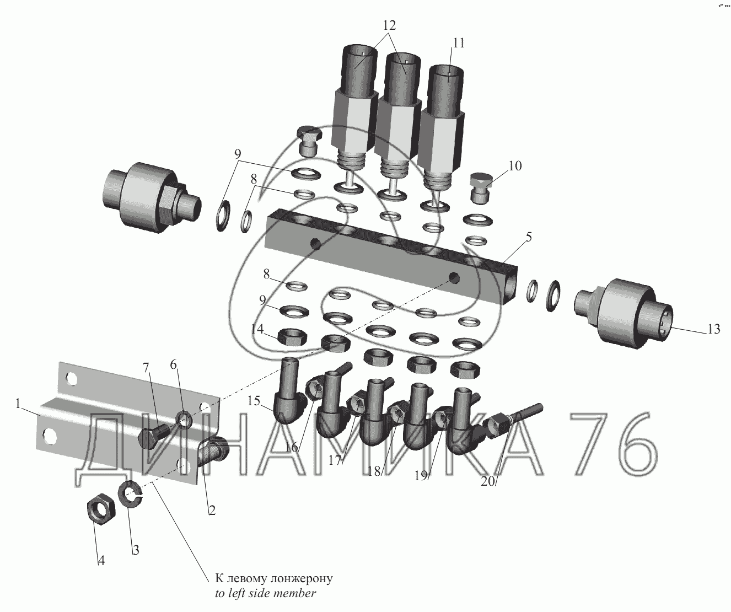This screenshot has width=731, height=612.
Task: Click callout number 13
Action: (713, 329)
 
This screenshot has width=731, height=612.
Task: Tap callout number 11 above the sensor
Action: (458, 43)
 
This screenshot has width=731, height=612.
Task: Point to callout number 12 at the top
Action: (389, 25)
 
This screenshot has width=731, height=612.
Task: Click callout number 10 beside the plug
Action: (515, 165)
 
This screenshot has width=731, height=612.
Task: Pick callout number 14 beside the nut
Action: (257, 329)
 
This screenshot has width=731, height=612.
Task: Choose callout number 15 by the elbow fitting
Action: (255, 400)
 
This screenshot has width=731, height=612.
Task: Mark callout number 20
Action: (488, 481)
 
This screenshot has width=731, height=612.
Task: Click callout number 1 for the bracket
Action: (19, 404)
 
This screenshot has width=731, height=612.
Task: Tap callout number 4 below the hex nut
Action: (101, 561)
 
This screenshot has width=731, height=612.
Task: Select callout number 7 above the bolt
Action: (146, 367)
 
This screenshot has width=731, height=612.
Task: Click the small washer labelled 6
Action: (184, 419)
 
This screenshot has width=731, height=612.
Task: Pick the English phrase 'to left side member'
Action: (265, 593)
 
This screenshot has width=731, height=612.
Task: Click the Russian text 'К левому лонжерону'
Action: (273, 578)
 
